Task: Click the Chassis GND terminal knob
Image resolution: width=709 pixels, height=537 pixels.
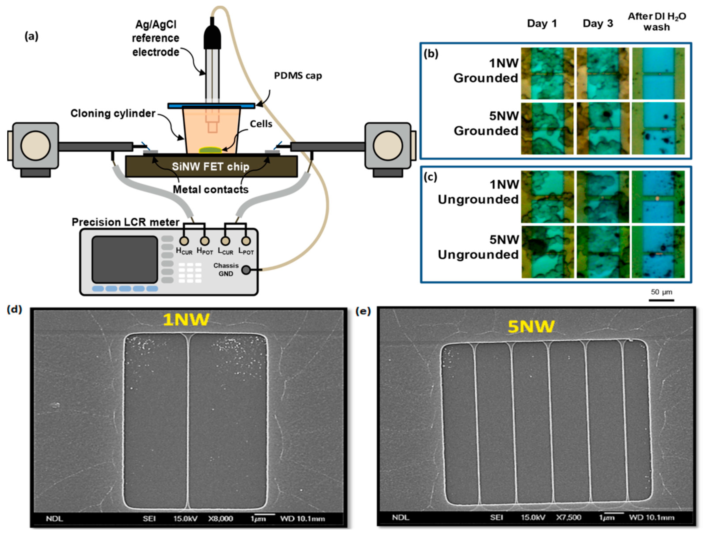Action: point(246,270)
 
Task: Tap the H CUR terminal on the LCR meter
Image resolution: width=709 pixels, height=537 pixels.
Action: point(184,241)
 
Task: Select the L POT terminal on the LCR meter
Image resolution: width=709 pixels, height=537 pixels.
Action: point(246,241)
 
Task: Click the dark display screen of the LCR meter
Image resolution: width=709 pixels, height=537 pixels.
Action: point(125,259)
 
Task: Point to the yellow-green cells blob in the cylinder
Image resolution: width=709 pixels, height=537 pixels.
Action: point(210,150)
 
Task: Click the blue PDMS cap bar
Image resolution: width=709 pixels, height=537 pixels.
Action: point(211,105)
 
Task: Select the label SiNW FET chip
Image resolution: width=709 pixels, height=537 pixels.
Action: point(211,167)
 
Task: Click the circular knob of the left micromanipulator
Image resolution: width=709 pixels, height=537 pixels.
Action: point(36,146)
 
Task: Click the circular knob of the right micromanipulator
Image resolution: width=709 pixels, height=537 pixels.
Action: point(388,146)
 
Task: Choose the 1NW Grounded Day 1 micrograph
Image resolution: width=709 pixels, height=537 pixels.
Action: point(547,73)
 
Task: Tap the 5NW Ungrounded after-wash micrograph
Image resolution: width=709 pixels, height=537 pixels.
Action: point(658,252)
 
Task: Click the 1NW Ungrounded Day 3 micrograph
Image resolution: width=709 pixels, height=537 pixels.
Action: point(603,197)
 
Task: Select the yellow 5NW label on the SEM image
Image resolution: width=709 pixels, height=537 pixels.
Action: point(531,326)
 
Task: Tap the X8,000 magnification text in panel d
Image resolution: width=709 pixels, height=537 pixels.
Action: point(221,518)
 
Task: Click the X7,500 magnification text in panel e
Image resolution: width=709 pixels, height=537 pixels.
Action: point(568,517)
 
